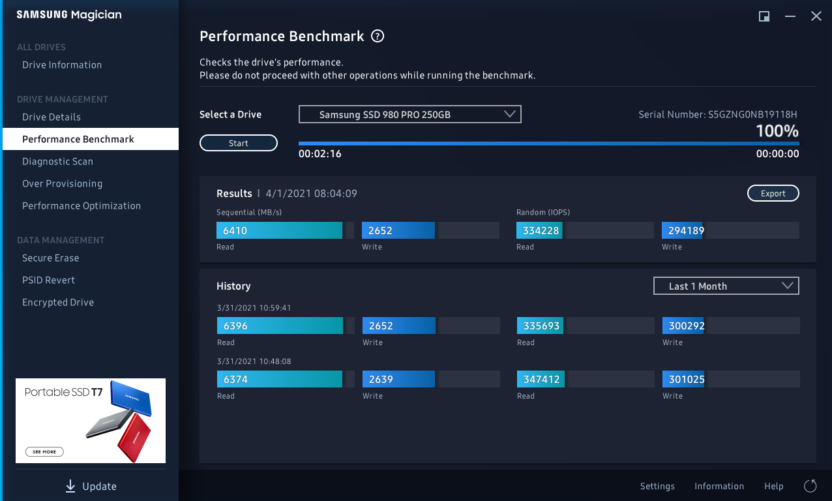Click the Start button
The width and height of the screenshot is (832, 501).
pyautogui.click(x=239, y=143)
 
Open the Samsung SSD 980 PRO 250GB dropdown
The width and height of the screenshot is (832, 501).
pyautogui.click(x=409, y=115)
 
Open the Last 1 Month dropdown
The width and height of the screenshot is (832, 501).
pyautogui.click(x=726, y=286)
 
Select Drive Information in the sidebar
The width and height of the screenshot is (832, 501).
pyautogui.click(x=62, y=65)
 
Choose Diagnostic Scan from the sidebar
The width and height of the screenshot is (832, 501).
pyautogui.click(x=57, y=162)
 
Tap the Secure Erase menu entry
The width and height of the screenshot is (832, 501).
pyautogui.click(x=50, y=258)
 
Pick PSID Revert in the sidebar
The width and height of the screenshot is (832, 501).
pyautogui.click(x=48, y=281)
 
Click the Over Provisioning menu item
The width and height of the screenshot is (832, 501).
pyautogui.click(x=62, y=184)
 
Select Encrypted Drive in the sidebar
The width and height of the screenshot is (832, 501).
pyautogui.click(x=58, y=303)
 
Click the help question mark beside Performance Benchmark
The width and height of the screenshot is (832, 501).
pyautogui.click(x=378, y=37)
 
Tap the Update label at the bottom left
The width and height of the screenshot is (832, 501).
pyautogui.click(x=99, y=487)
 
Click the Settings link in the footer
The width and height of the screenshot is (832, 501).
pyautogui.click(x=657, y=487)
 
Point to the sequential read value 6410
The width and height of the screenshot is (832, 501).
pyautogui.click(x=235, y=230)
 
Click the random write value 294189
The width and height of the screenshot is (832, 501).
pyautogui.click(x=683, y=230)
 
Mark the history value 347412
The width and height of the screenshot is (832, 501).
pyautogui.click(x=542, y=379)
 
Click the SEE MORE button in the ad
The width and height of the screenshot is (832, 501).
pyautogui.click(x=45, y=451)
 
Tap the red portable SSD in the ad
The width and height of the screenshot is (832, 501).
pyautogui.click(x=134, y=435)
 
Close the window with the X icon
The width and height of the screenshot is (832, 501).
pyautogui.click(x=816, y=16)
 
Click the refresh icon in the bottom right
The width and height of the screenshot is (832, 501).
pyautogui.click(x=810, y=486)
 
